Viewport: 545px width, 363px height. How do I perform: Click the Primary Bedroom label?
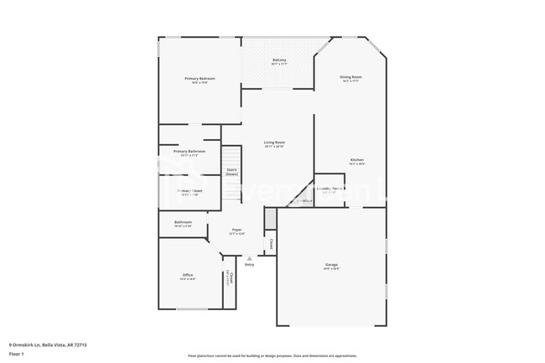tap(200, 79)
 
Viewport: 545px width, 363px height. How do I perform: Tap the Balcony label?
tap(279, 60)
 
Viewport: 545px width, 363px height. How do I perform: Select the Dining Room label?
tap(351, 77)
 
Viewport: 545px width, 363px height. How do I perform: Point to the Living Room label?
tap(274, 143)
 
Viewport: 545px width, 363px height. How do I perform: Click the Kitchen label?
tap(357, 160)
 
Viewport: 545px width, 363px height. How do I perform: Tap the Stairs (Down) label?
tap(231, 171)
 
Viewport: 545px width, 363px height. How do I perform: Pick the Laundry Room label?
tap(329, 189)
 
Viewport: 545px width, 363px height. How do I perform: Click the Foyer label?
tap(237, 231)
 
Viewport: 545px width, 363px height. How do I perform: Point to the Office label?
tap(188, 275)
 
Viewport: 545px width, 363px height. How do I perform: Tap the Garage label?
tap(332, 266)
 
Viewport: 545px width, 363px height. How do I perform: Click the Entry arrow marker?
tap(249, 258)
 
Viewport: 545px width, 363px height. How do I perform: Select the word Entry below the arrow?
tap(249, 265)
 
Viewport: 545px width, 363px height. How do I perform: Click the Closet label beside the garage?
tap(271, 245)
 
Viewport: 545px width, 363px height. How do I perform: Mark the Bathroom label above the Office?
tap(183, 222)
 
